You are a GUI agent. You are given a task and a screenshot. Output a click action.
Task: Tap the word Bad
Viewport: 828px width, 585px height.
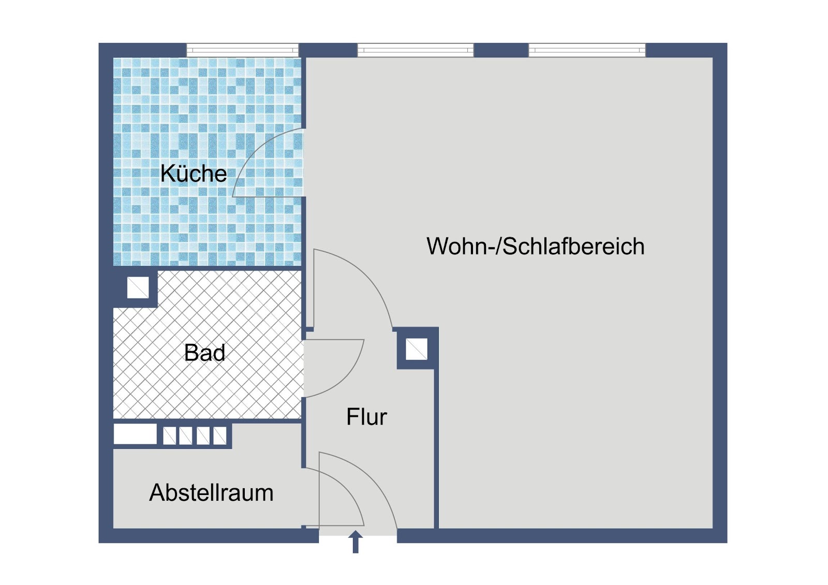[x=204, y=353]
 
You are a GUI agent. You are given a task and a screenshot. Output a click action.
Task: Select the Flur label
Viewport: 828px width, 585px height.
[x=366, y=416]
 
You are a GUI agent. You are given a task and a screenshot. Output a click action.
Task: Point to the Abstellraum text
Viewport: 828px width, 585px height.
[x=211, y=492]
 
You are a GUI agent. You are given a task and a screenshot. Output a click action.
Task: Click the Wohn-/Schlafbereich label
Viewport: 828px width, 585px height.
[x=536, y=246]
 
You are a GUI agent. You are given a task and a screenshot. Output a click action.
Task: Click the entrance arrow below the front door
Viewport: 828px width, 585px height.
[x=356, y=542]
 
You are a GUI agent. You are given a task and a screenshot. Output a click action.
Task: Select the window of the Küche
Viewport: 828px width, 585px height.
[x=242, y=50]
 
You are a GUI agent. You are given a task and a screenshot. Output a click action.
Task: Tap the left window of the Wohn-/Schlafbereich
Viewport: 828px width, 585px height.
[x=416, y=50]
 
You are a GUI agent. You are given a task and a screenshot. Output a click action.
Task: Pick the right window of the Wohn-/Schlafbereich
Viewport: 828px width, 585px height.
[x=587, y=50]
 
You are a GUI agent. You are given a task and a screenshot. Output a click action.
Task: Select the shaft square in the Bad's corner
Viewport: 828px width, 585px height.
[x=138, y=287]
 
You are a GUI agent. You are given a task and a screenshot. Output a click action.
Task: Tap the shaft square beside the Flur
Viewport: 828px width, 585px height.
[x=417, y=349]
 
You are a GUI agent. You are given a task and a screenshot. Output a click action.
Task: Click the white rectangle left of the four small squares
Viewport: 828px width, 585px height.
[x=135, y=434]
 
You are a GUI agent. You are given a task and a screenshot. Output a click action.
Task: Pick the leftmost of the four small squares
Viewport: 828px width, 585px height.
[x=170, y=436]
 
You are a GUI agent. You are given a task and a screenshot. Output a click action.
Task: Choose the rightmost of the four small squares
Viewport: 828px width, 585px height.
[x=220, y=436]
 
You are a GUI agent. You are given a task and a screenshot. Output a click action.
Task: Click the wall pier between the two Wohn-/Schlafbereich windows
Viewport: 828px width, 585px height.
[x=501, y=50]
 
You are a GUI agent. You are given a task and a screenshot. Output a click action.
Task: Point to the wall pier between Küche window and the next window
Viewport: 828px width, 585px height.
[x=328, y=50]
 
